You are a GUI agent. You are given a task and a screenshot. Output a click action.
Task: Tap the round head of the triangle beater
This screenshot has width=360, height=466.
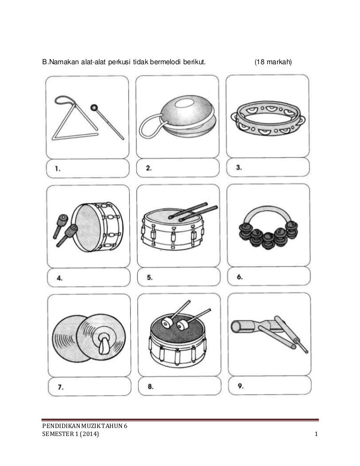point(94,107)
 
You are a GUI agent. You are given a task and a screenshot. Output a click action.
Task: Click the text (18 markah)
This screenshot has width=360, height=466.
point(273,62)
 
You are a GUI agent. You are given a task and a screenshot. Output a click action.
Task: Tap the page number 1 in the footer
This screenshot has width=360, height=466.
point(316,434)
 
